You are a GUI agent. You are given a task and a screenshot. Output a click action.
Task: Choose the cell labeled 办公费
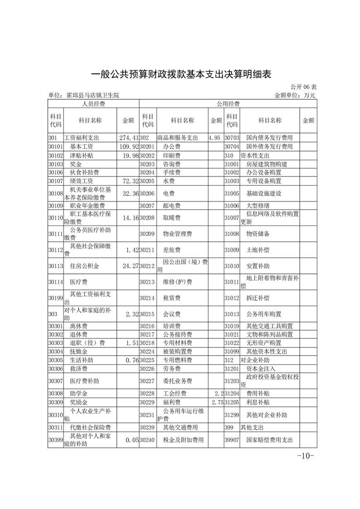(x=172, y=147)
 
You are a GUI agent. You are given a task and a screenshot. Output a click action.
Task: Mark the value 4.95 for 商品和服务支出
(x=215, y=137)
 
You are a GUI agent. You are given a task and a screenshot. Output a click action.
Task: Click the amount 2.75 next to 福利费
(x=217, y=402)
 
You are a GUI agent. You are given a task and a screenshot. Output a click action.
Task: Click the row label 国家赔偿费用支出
(x=269, y=440)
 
